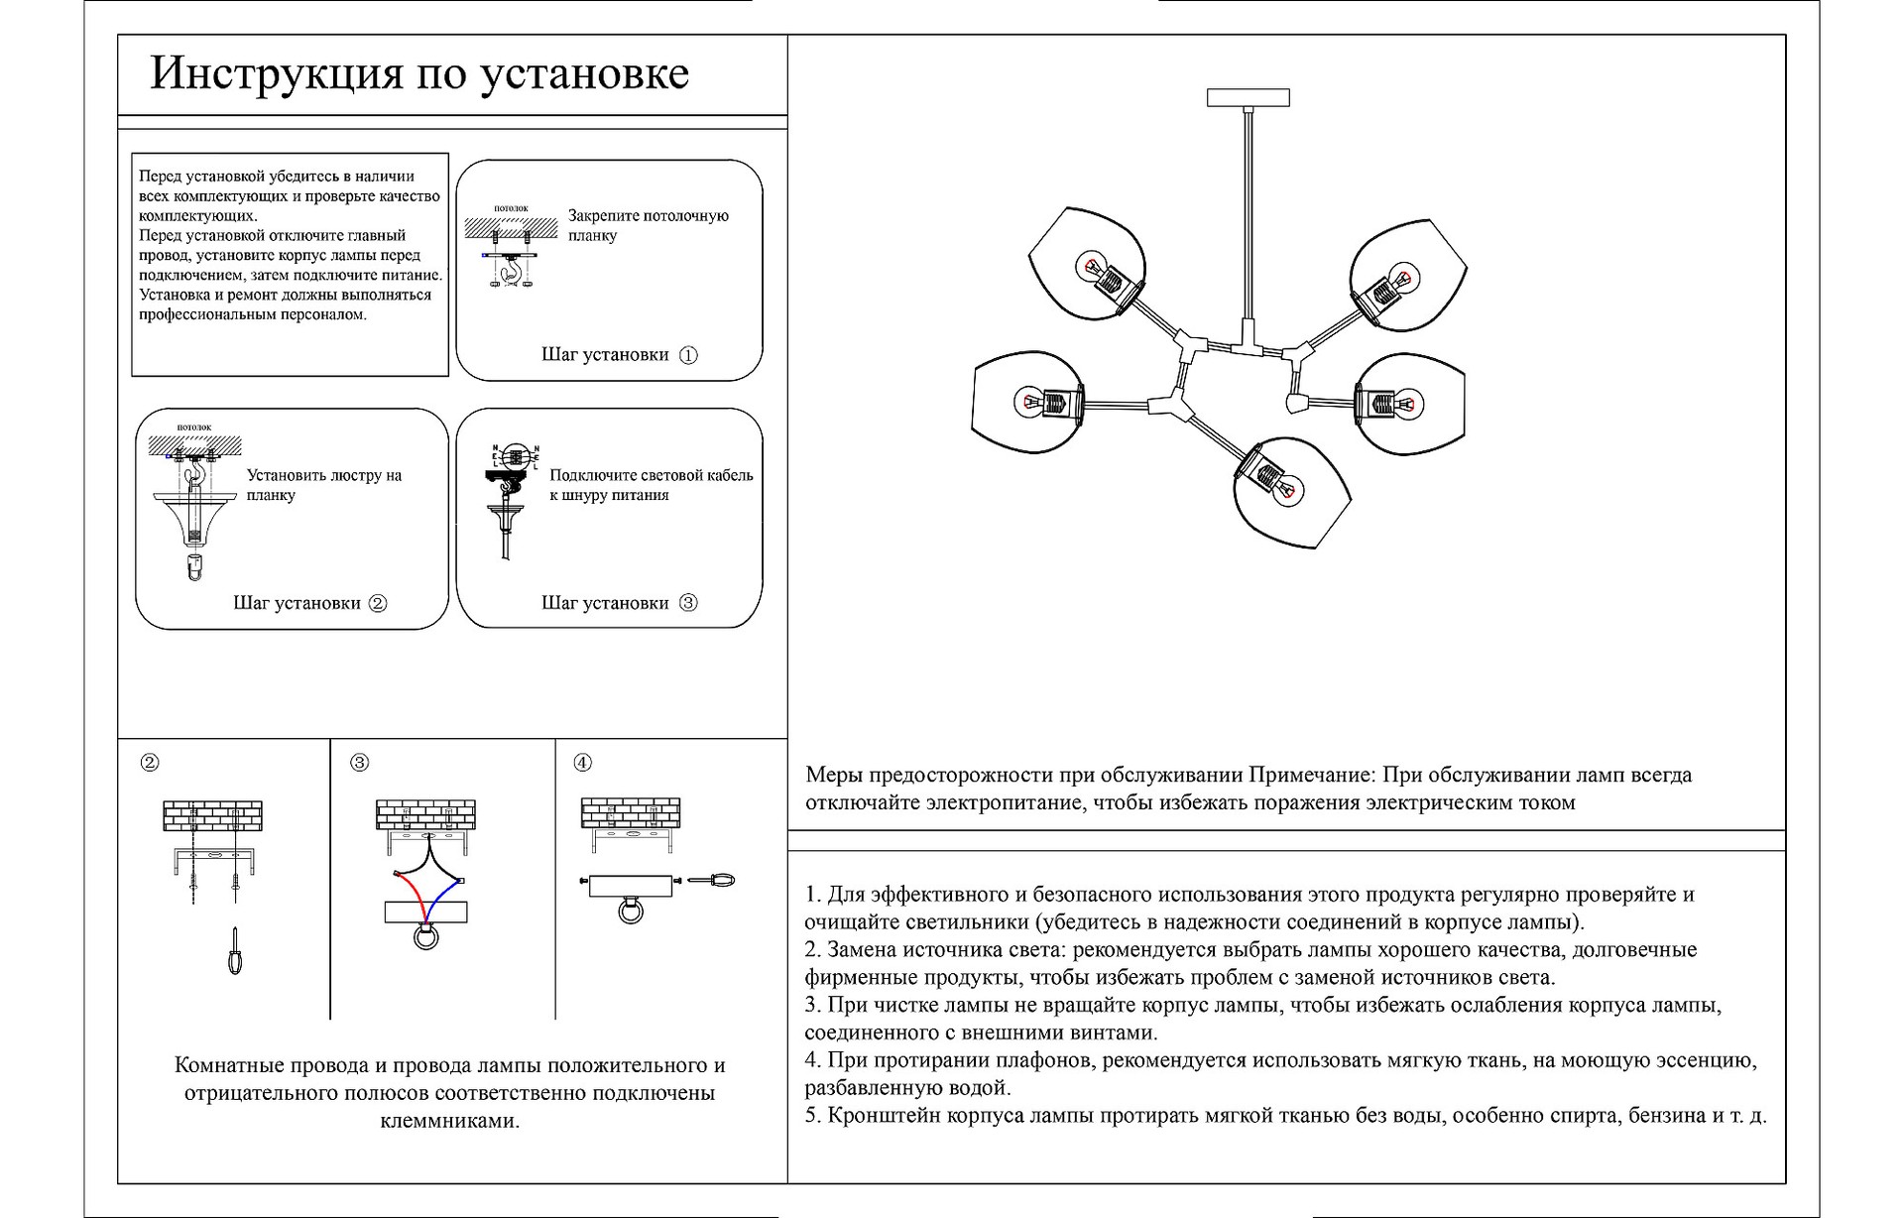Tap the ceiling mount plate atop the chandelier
click(1248, 97)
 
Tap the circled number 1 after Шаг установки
click(688, 355)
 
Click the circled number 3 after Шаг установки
click(688, 603)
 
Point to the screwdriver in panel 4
click(712, 880)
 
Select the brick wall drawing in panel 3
click(425, 814)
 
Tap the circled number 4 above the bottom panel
click(583, 763)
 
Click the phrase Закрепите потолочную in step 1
click(648, 216)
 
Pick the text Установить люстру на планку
click(323, 485)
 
